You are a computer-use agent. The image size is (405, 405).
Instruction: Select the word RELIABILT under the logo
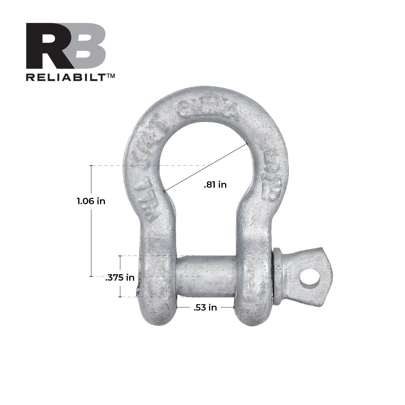click(x=66, y=77)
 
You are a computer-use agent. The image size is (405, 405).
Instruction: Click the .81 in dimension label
click(x=215, y=185)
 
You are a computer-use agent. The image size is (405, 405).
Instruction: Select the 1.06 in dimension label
click(x=91, y=201)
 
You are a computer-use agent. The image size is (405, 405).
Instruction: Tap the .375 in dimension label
click(x=120, y=278)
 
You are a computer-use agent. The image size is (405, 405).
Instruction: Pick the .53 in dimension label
click(x=205, y=308)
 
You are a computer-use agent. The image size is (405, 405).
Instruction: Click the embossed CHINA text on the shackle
click(x=208, y=109)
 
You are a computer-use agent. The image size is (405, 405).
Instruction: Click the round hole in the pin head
click(x=310, y=278)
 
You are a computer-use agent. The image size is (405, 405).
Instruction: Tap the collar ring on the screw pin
click(x=278, y=276)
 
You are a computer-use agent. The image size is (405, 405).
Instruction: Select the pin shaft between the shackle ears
click(x=206, y=276)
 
